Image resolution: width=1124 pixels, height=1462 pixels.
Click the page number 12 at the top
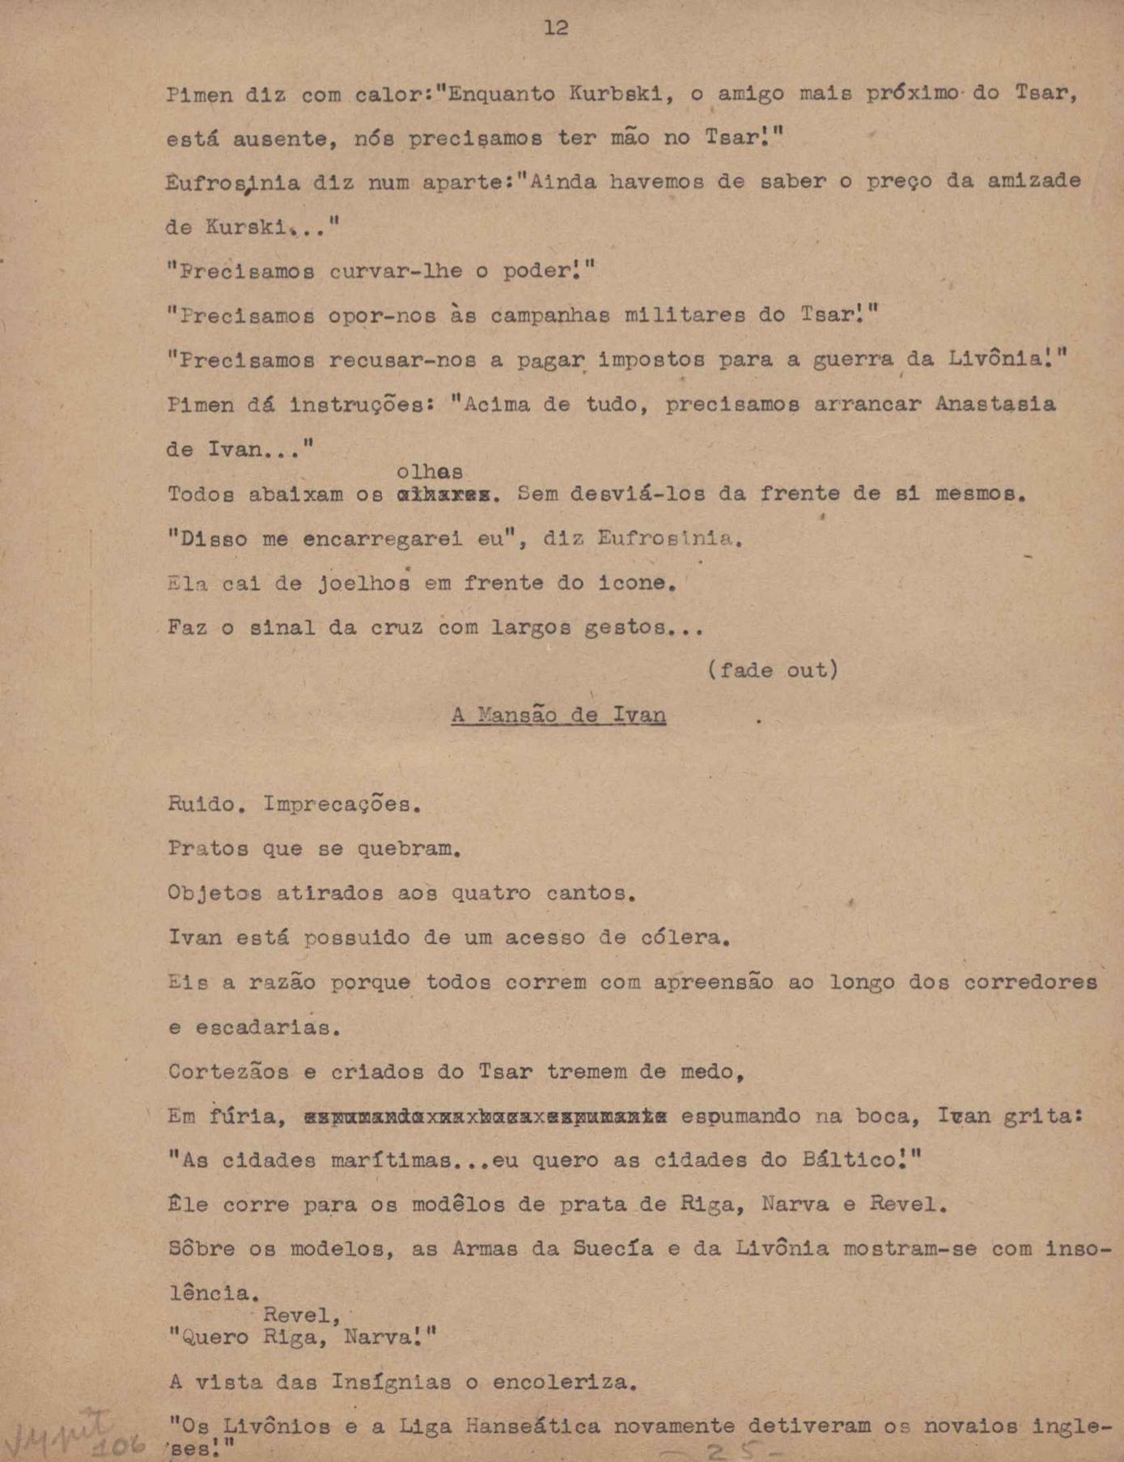555,28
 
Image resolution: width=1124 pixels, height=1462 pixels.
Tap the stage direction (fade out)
773,670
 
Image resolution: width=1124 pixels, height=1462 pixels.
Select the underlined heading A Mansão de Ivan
558,716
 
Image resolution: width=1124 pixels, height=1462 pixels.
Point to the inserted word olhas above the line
430,471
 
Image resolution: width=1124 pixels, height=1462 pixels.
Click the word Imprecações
341,805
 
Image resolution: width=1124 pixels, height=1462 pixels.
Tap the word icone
634,583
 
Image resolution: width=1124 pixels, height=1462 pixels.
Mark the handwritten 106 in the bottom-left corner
117,1446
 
